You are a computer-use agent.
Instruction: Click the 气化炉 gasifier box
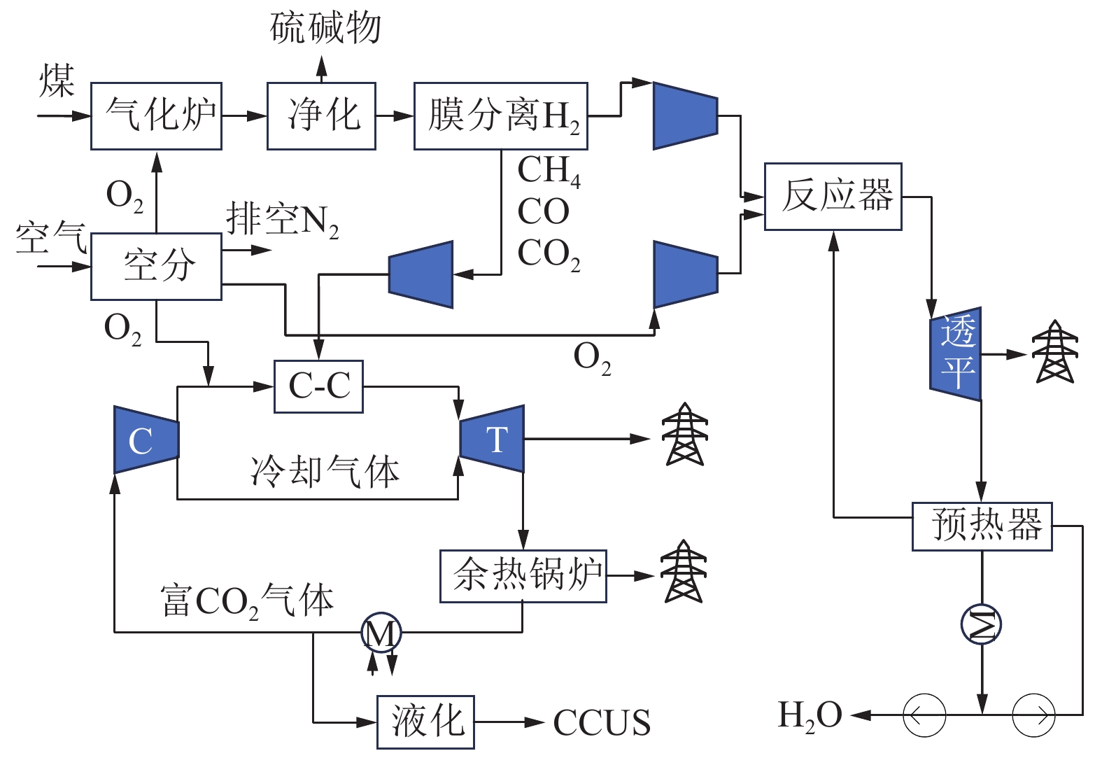156,116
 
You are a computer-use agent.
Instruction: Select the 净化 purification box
321,116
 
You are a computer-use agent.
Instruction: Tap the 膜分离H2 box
500,116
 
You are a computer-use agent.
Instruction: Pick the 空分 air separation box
156,267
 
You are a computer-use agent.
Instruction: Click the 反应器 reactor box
833,197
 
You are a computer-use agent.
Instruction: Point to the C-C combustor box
318,386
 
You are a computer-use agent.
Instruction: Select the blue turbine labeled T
493,439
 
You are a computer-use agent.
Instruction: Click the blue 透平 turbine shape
956,353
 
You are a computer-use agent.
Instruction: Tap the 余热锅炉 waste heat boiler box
523,576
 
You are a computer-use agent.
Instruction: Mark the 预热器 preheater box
982,526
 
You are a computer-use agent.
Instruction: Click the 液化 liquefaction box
425,722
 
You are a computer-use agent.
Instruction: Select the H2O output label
810,716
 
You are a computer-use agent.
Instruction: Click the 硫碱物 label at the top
325,28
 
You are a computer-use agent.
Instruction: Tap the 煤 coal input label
56,80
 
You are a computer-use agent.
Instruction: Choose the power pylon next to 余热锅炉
684,572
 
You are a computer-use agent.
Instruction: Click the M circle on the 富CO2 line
381,633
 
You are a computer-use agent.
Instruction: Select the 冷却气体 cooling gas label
325,471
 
